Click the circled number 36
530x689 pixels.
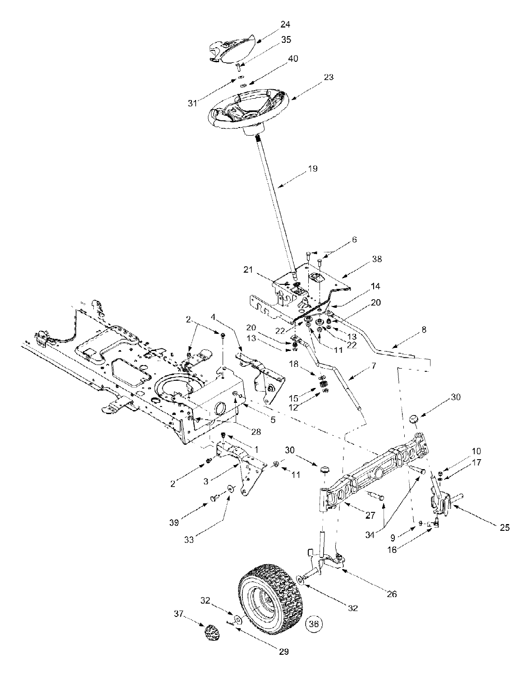314,624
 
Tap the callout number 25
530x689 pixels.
505,528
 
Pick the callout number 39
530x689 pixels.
174,523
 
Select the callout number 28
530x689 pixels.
256,432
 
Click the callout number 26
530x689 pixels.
392,594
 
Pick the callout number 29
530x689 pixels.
284,651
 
